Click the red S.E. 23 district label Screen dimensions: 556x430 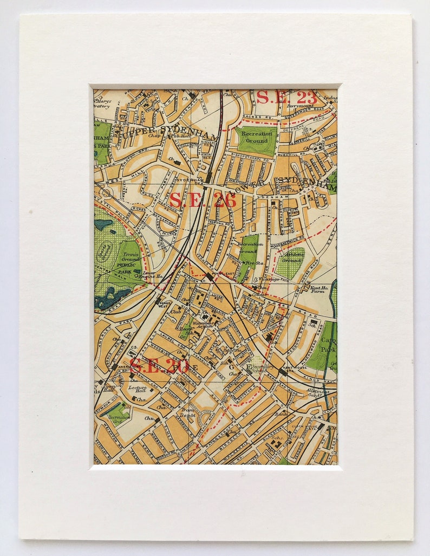[286, 98]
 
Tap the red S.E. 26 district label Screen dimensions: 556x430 [203, 200]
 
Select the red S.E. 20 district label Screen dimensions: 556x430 [158, 367]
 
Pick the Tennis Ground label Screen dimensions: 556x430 [130, 257]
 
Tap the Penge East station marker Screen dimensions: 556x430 [209, 276]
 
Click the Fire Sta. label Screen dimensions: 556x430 [249, 263]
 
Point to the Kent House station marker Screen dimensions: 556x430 [283, 372]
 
